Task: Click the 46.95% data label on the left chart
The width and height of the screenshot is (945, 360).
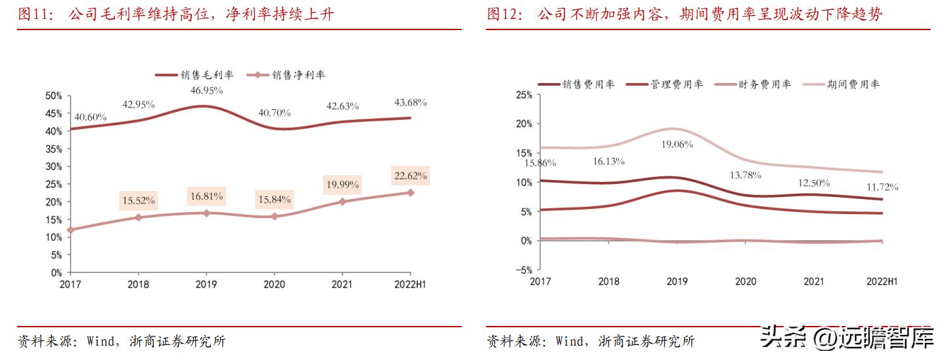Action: (x=206, y=91)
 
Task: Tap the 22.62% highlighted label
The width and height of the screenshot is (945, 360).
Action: (x=411, y=175)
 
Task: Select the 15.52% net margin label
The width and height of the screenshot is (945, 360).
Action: (x=138, y=200)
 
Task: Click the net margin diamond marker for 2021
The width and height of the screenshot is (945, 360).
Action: (x=343, y=202)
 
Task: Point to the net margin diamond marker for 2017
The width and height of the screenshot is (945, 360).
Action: (x=71, y=230)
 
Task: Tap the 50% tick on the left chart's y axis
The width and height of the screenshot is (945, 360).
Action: (x=54, y=96)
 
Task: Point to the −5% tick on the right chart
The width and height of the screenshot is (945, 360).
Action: (x=523, y=270)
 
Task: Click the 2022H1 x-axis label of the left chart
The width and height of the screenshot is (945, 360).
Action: (x=411, y=285)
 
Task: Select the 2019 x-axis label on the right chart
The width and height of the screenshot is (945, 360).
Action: (x=676, y=281)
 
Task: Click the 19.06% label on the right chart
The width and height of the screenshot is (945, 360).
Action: (x=676, y=145)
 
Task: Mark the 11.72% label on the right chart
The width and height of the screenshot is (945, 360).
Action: (x=882, y=187)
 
